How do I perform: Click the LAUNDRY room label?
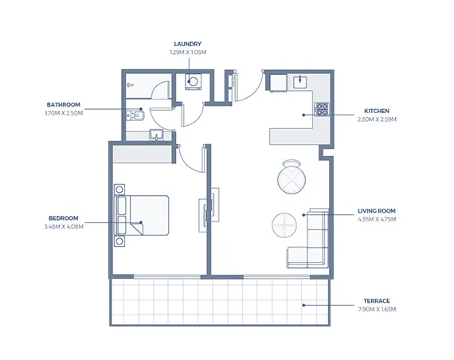point(188,44)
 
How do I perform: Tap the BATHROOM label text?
point(64,104)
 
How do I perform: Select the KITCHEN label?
point(377,111)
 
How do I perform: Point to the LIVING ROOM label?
point(377,211)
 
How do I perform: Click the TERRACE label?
point(377,301)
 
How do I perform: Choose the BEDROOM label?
point(64,218)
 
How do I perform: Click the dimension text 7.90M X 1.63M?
point(377,309)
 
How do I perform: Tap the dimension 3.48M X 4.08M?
point(64,226)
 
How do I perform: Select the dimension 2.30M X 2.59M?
point(377,119)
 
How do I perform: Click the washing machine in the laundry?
point(193,81)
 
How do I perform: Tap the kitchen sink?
point(300,82)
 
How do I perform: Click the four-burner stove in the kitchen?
point(322,109)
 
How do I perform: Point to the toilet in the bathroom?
point(135,115)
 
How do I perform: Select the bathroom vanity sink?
point(157,135)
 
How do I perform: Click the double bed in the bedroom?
point(142,215)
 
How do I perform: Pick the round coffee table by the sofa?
point(284,225)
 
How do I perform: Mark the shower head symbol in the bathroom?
point(130,85)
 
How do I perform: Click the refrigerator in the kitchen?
point(278,83)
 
